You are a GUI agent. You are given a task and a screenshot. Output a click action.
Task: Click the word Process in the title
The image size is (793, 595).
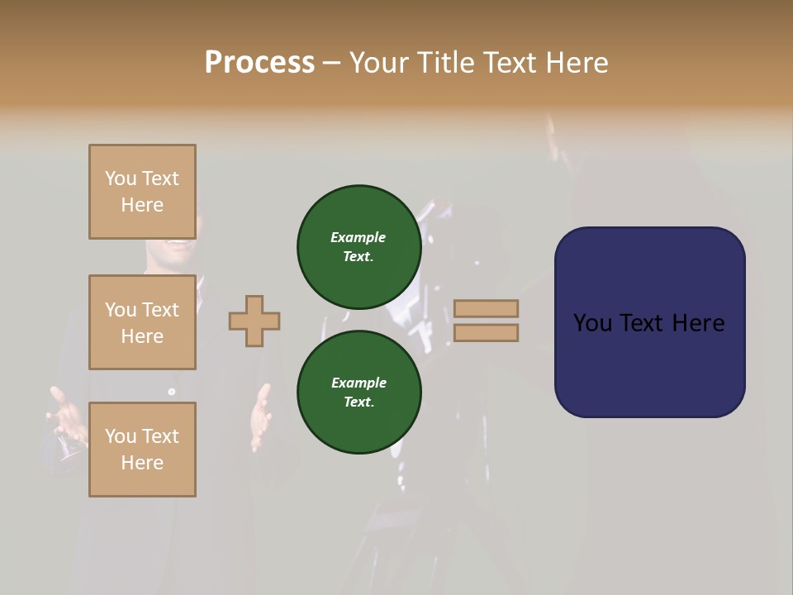[x=259, y=63]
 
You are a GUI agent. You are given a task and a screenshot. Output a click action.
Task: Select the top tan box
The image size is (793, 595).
[x=142, y=192]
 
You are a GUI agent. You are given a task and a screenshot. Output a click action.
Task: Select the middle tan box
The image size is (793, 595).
[x=142, y=322]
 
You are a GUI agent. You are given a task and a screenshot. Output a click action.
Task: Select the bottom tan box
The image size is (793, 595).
[x=142, y=450]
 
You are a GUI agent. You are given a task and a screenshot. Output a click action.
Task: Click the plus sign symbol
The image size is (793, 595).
[x=254, y=321]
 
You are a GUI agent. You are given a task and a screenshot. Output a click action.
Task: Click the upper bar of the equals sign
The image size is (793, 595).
[x=486, y=308]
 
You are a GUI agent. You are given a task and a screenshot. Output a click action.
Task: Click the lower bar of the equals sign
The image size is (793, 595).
[x=486, y=333]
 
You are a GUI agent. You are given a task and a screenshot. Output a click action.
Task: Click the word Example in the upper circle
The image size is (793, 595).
[x=358, y=237]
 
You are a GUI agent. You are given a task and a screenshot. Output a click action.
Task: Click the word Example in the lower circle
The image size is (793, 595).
[x=359, y=383]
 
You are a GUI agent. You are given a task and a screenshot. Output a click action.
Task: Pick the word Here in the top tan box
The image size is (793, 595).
[x=142, y=205]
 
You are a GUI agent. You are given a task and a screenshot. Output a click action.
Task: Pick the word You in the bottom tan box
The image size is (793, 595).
[x=121, y=436]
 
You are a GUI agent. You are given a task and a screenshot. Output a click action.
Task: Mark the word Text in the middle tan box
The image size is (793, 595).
[x=159, y=310]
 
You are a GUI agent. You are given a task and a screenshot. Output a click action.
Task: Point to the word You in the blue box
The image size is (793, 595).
[x=592, y=323]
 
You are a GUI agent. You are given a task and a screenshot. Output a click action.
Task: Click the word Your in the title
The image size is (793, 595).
[x=379, y=63]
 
